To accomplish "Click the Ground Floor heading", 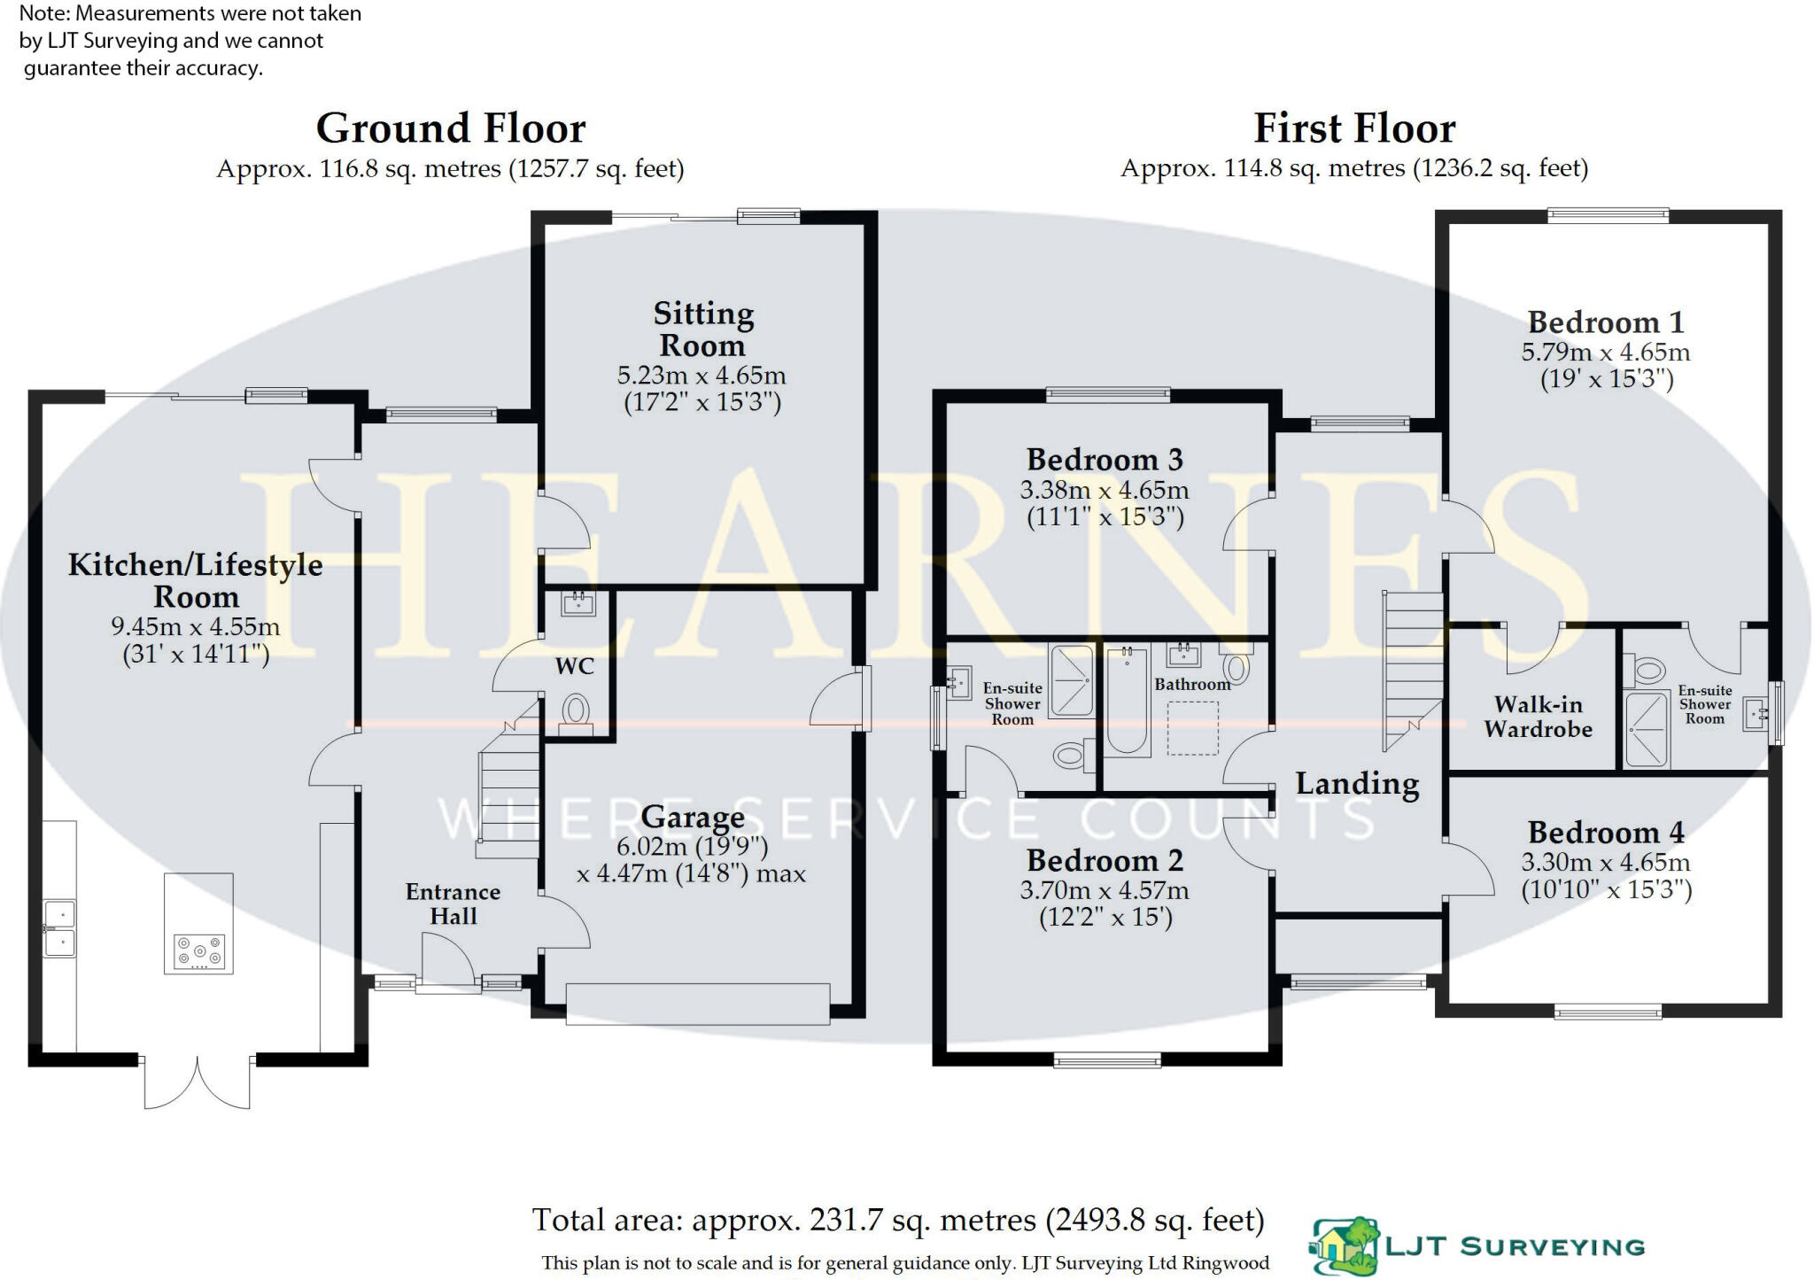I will click(x=451, y=128).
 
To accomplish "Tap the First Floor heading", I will click(x=1353, y=128).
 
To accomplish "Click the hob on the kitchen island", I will click(x=199, y=953).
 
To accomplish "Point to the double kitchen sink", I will click(x=59, y=928).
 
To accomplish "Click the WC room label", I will click(x=574, y=667).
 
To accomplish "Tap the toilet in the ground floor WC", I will click(x=576, y=710).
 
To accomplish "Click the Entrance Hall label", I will click(x=453, y=904).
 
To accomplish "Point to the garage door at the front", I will click(x=697, y=1004).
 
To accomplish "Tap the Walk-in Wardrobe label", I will click(x=1538, y=717).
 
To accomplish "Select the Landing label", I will click(x=1357, y=784).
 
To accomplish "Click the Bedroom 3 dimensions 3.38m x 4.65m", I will click(x=1104, y=490).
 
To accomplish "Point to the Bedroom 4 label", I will click(x=1606, y=833).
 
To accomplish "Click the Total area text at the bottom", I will click(x=897, y=1221).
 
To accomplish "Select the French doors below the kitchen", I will click(x=197, y=1082).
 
